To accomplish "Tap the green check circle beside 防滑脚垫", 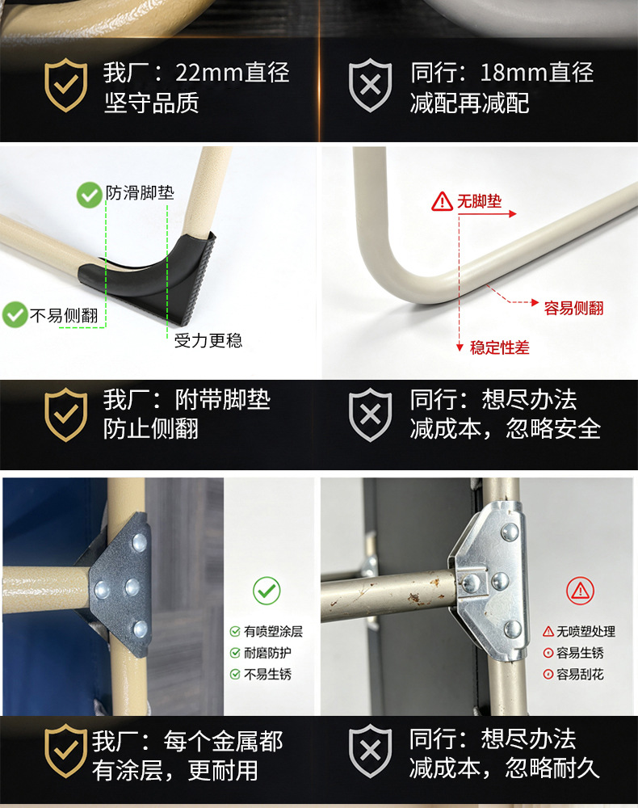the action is pyautogui.click(x=89, y=195).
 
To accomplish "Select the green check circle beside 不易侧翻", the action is pyautogui.click(x=15, y=314).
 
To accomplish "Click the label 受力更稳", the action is pyautogui.click(x=208, y=341).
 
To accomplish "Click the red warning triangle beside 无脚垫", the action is pyautogui.click(x=442, y=201).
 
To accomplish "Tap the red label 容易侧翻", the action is pyautogui.click(x=573, y=308).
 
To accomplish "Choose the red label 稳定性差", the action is pyautogui.click(x=499, y=347).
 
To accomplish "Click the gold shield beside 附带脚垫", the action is pyautogui.click(x=65, y=415).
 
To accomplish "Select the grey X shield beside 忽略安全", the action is pyautogui.click(x=370, y=415).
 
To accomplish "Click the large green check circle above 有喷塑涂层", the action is pyautogui.click(x=267, y=591).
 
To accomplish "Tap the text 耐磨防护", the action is pyautogui.click(x=267, y=653).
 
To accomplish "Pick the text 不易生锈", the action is pyautogui.click(x=267, y=674).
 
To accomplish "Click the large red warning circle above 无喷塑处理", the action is pyautogui.click(x=581, y=591).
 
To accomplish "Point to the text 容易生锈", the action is pyautogui.click(x=580, y=653).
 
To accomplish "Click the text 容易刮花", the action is pyautogui.click(x=580, y=674).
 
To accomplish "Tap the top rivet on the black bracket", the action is pyautogui.click(x=139, y=541).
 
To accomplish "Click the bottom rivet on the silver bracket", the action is pyautogui.click(x=512, y=629).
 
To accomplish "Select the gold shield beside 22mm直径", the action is pyautogui.click(x=65, y=85).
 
